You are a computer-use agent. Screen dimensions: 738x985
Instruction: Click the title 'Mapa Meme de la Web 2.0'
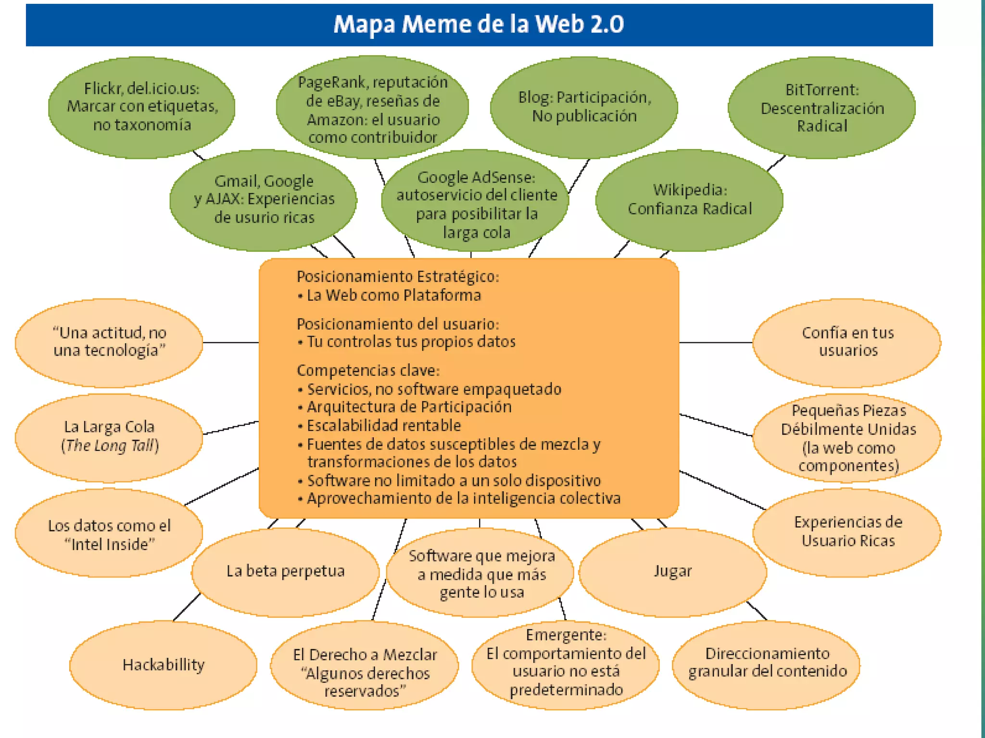[x=479, y=24]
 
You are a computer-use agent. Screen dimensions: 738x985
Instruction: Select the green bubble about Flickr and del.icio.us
[x=142, y=107]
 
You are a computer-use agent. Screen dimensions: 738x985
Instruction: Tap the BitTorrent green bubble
[x=821, y=108]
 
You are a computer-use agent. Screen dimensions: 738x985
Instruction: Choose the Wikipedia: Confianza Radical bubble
[x=689, y=200]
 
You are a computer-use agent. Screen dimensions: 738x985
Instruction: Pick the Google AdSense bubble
[x=475, y=204]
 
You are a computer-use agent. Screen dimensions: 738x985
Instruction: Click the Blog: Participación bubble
[x=584, y=107]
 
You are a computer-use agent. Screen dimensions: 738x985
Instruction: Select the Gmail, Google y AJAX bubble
[x=264, y=199]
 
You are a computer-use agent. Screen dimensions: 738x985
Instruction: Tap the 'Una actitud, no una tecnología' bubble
[x=109, y=342]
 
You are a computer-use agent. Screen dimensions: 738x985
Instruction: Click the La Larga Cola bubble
[x=109, y=436]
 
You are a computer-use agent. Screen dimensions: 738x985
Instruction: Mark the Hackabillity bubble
[x=163, y=665]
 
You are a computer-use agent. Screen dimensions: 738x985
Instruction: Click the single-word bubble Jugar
[x=672, y=571]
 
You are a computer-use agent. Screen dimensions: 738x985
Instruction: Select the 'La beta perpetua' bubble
[x=285, y=571]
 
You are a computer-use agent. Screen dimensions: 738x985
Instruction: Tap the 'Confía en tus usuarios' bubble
[x=847, y=342]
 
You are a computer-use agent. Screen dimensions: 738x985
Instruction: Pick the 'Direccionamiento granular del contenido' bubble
[x=767, y=663]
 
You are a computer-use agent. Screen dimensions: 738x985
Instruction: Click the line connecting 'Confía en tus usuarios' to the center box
[x=716, y=343]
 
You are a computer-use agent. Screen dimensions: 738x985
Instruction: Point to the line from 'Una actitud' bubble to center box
[x=231, y=343]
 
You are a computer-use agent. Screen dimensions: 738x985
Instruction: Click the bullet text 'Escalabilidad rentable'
[x=384, y=425]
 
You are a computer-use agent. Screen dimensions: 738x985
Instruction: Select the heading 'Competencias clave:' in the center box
[x=368, y=370]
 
